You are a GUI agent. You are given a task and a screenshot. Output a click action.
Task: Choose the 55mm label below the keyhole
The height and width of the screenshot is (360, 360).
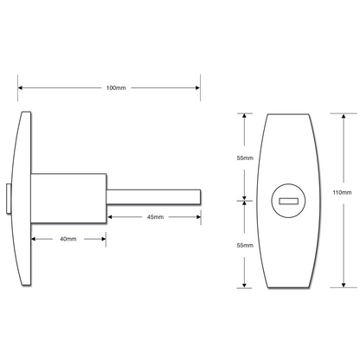click(245, 246)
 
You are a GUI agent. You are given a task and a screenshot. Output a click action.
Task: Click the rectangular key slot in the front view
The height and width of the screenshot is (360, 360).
click(288, 202)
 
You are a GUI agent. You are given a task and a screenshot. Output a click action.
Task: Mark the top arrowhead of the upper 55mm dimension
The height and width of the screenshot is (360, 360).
click(246, 115)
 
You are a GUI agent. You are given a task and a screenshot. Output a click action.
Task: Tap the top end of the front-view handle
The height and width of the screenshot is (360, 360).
click(288, 116)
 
